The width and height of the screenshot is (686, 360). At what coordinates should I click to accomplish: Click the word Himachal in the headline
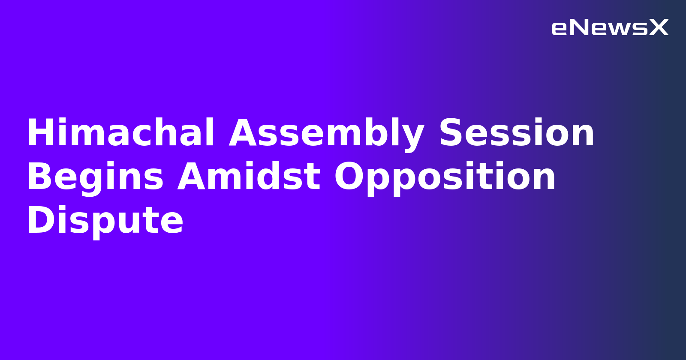click(120, 133)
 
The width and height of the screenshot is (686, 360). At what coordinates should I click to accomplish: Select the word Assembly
click(326, 133)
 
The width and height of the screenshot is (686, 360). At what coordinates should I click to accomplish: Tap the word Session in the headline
click(517, 133)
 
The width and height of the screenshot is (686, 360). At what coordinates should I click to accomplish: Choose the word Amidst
click(249, 177)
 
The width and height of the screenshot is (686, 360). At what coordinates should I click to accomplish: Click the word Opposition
click(445, 177)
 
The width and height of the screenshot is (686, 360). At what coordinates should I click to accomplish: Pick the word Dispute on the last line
click(105, 221)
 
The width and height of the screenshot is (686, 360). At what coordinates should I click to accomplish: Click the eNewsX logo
click(610, 28)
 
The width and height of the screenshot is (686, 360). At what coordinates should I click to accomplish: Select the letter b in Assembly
click(379, 133)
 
